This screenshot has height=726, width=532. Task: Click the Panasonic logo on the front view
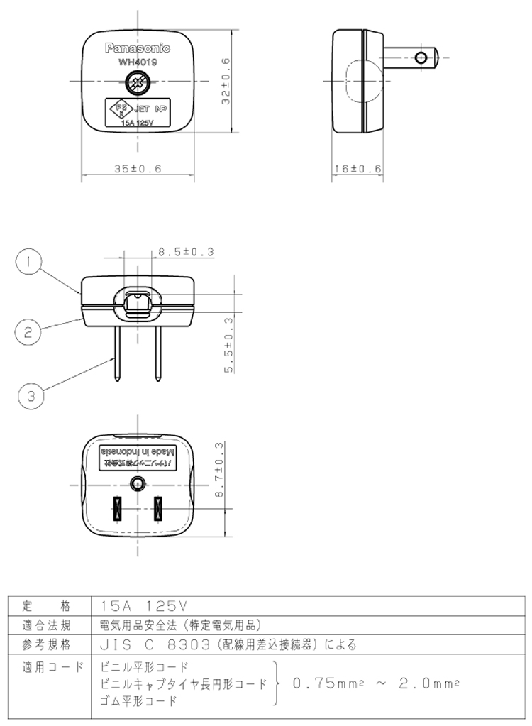138,48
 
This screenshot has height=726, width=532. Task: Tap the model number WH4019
138,62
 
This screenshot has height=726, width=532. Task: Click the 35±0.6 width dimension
138,169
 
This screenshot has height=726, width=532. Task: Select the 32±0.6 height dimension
226,82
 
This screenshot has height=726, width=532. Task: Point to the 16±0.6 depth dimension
357,169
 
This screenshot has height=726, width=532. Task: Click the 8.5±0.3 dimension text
185,251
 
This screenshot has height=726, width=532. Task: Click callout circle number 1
29,263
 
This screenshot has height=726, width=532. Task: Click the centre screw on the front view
138,85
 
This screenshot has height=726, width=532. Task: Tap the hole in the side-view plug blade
422,57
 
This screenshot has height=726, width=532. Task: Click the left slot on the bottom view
117,510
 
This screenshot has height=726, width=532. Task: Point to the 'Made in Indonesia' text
138,452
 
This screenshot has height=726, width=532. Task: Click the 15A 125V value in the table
143,606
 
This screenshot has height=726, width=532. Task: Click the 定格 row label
47,606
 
